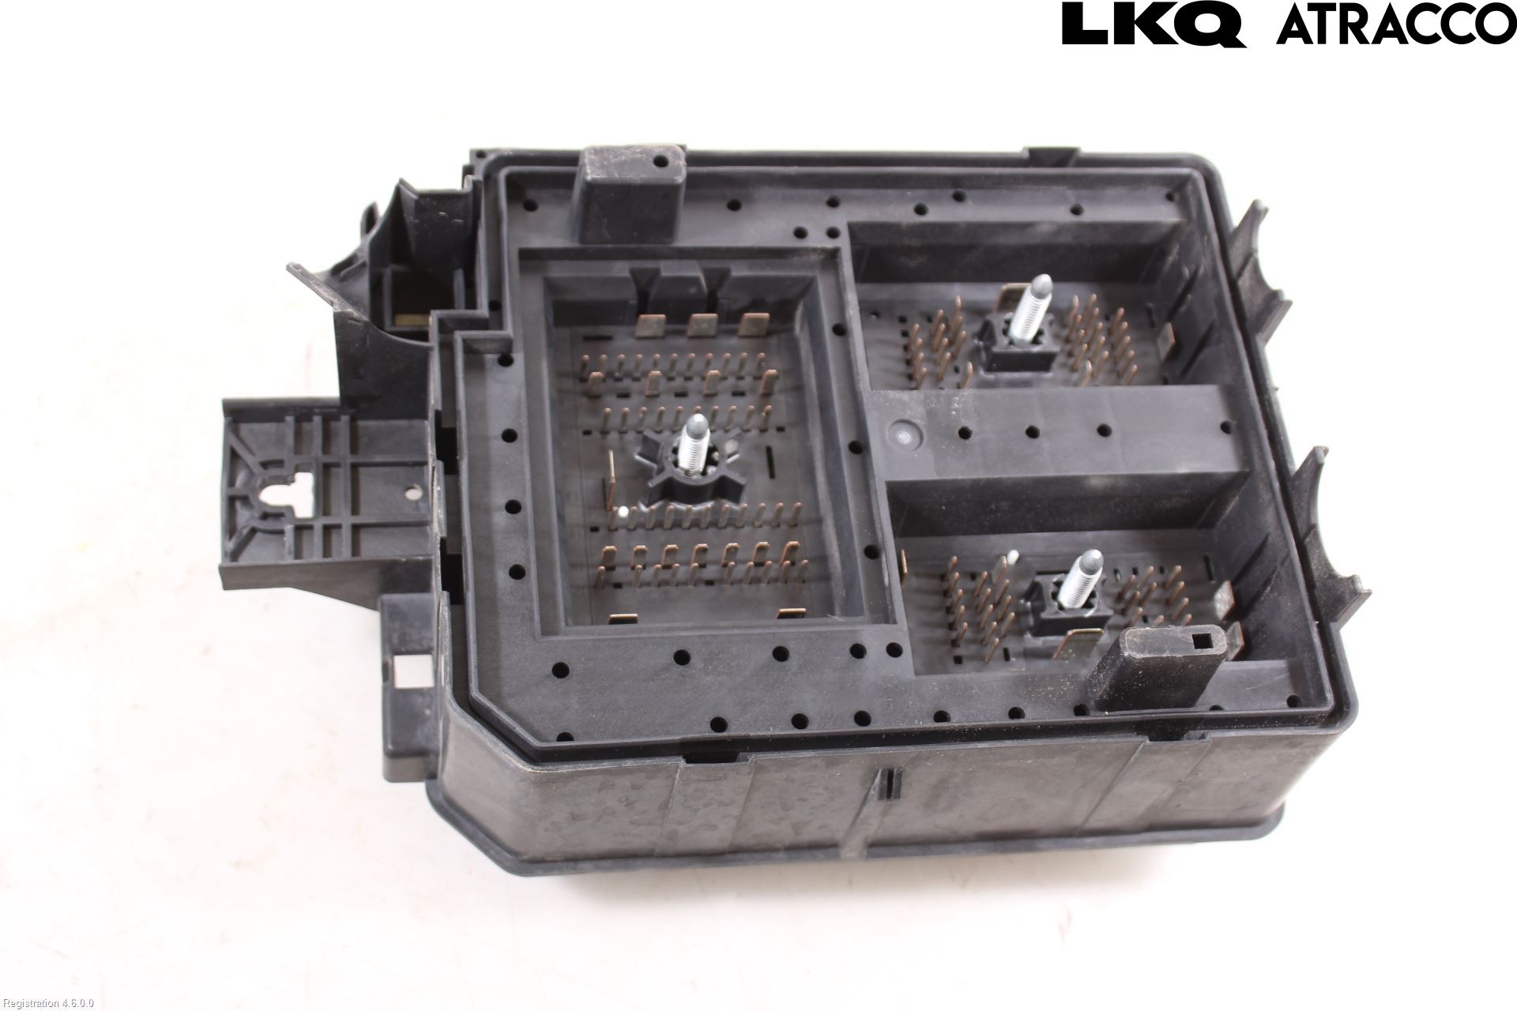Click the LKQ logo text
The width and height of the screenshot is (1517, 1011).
[1154, 24]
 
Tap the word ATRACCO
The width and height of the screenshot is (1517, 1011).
[1396, 24]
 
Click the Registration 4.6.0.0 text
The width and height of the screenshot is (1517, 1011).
[48, 1003]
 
